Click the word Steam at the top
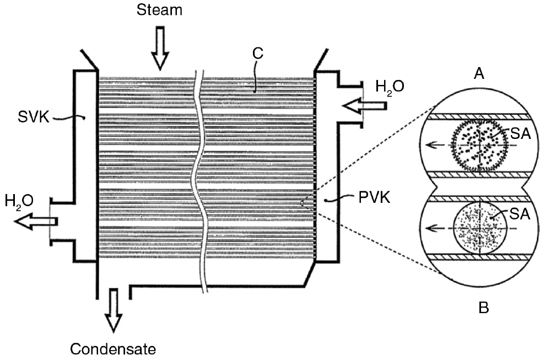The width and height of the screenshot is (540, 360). click(160, 10)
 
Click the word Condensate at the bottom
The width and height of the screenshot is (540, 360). click(113, 348)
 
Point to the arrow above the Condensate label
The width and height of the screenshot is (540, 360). click(113, 310)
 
